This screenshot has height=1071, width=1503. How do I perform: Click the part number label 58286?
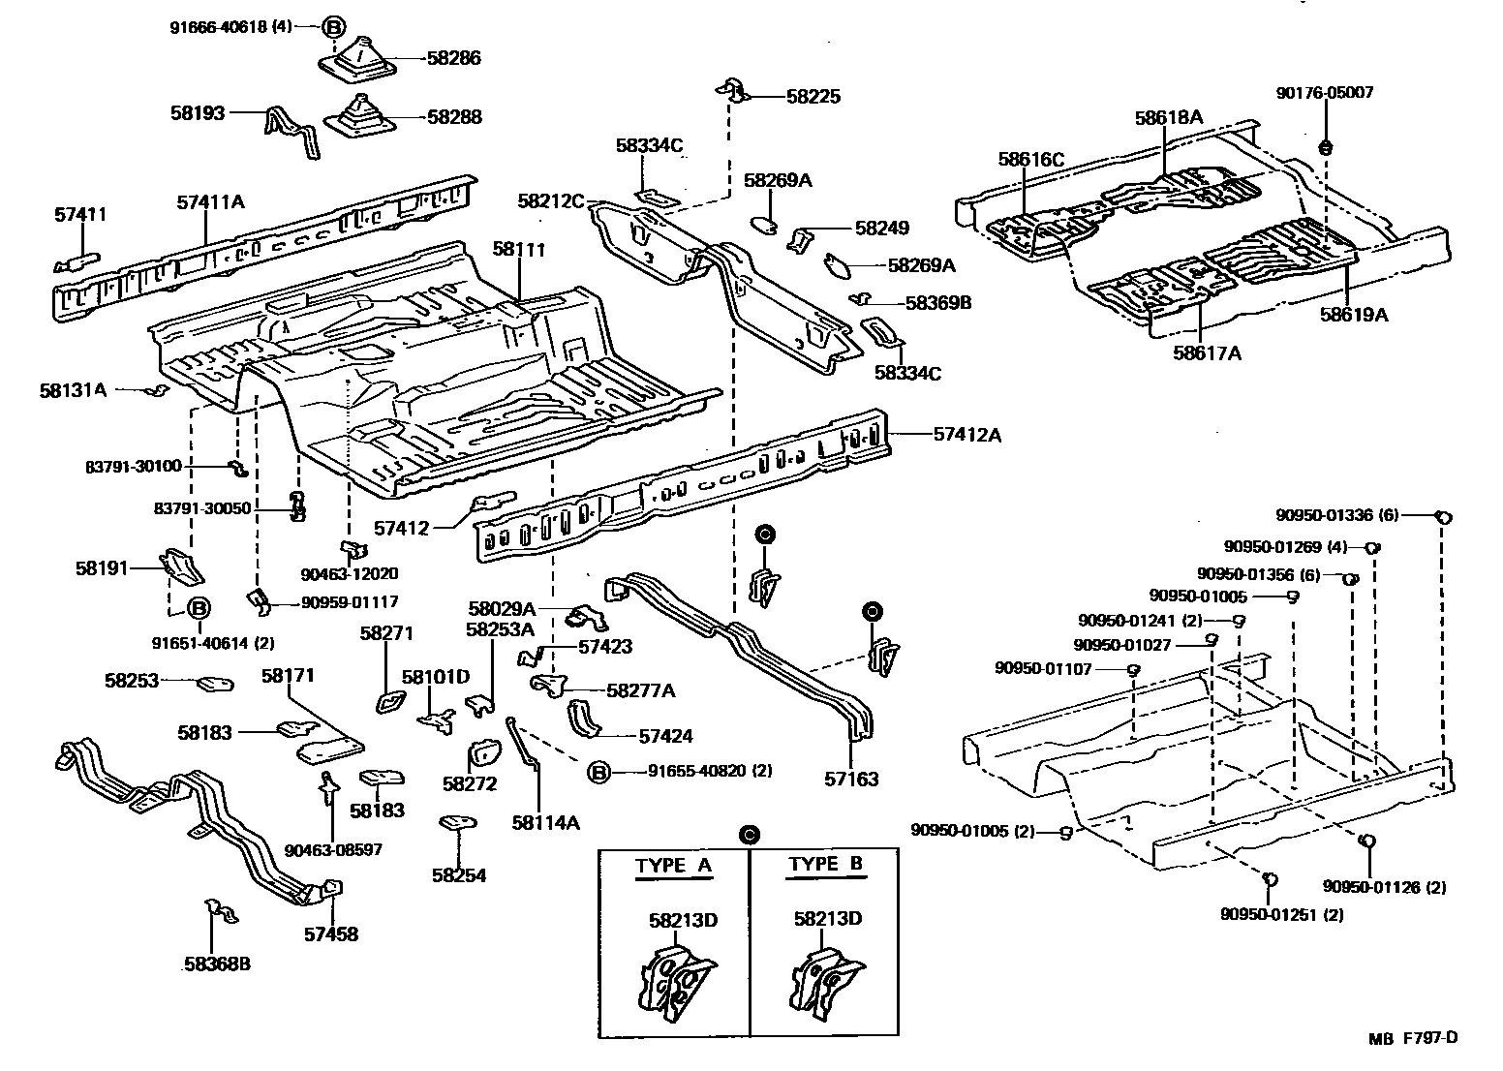(x=453, y=58)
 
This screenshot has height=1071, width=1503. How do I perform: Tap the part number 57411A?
(x=210, y=201)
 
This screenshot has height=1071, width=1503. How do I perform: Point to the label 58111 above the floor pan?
(x=519, y=249)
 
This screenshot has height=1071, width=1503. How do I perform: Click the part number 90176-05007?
(x=1324, y=93)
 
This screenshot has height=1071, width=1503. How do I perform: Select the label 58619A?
(x=1353, y=314)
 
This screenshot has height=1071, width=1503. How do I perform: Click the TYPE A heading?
(x=673, y=866)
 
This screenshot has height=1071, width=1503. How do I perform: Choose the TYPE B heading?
(x=826, y=865)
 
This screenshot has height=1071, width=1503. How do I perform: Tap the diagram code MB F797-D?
(x=1413, y=1038)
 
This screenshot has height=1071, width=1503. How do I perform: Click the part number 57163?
(x=851, y=779)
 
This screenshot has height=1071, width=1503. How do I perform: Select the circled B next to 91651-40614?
(x=198, y=608)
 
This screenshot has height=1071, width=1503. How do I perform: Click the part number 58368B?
(x=217, y=964)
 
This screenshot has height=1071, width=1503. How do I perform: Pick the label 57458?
(x=330, y=934)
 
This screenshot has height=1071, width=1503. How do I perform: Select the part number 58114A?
(x=545, y=823)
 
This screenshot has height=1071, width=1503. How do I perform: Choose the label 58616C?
(x=1031, y=159)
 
